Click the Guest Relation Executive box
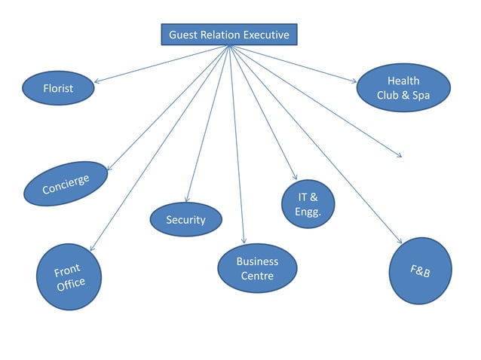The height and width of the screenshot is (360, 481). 228,35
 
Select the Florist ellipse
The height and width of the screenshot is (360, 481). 58,88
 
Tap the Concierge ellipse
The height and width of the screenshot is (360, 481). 66,183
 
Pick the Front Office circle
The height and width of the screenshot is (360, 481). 69,277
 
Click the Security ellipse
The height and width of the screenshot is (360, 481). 185,219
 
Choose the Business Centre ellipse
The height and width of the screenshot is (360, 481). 257,269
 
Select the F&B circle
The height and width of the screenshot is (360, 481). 420,270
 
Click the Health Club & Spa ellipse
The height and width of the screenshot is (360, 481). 403,88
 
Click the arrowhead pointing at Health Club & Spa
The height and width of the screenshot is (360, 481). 354,79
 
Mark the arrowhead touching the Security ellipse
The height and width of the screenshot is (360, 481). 186,200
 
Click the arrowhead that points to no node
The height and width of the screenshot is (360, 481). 399,155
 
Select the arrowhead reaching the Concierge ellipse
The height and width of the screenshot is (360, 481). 109,169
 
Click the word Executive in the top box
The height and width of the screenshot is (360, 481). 265,35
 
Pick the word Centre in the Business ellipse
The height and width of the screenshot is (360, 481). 257,276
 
